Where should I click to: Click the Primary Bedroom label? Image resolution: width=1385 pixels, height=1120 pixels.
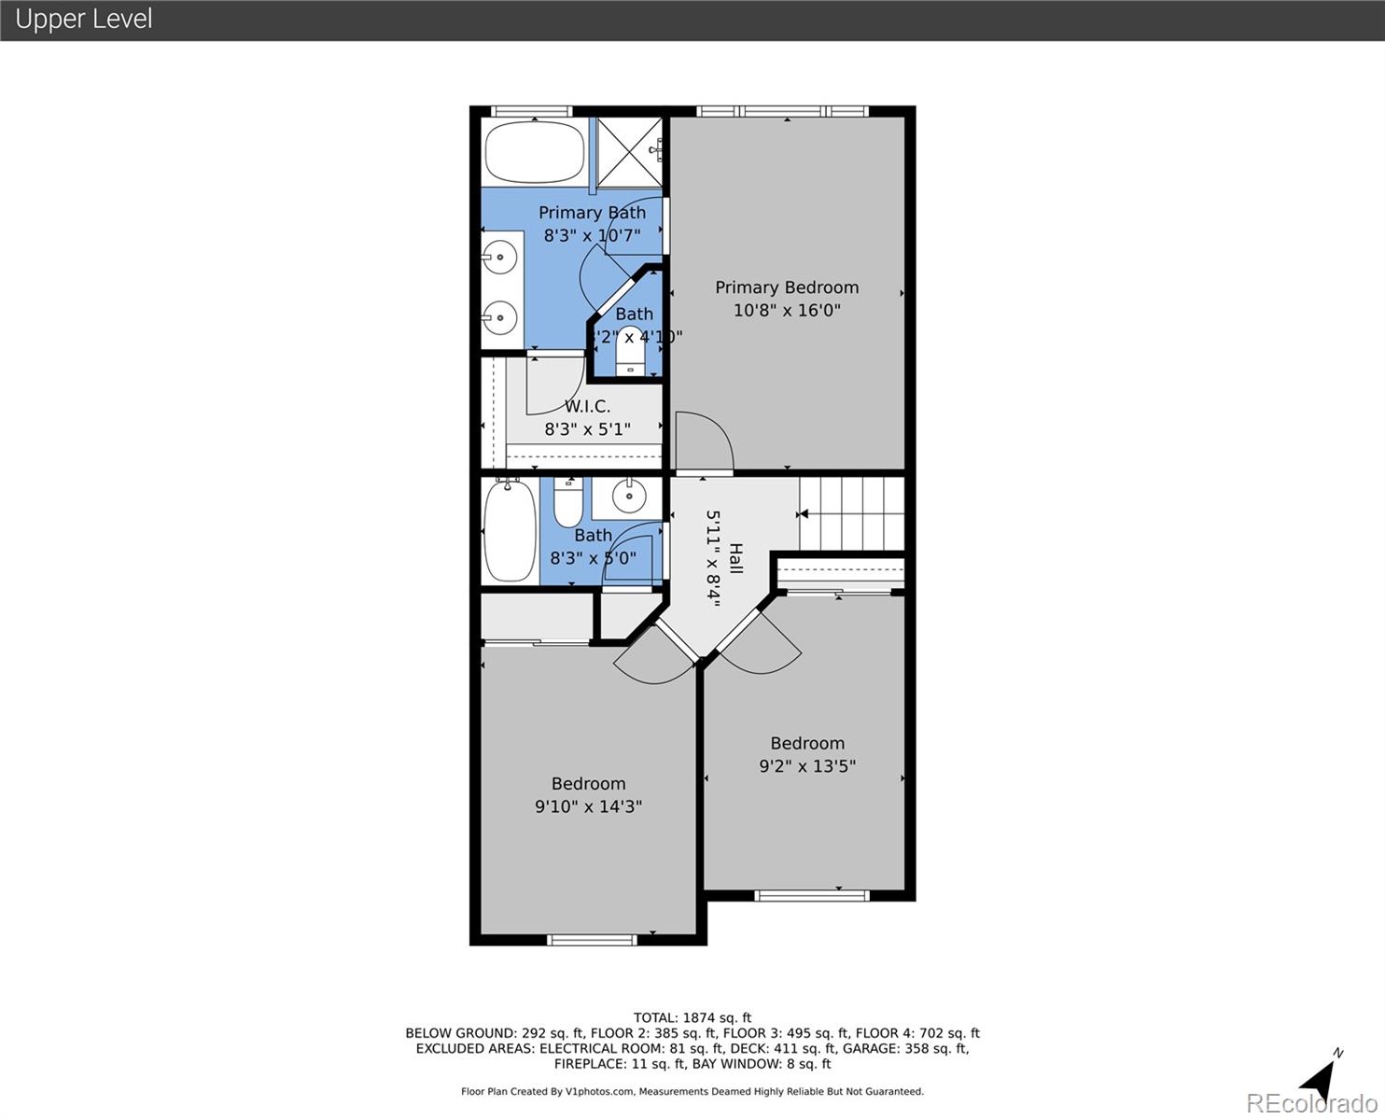787,287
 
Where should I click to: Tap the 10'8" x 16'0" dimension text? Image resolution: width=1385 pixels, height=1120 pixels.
787,310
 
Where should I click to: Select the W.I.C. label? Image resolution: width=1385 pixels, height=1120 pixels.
587,406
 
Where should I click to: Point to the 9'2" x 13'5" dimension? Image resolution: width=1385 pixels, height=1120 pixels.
807,766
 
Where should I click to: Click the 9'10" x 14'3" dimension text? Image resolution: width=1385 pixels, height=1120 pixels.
588,806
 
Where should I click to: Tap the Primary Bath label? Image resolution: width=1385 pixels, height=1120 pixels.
592,213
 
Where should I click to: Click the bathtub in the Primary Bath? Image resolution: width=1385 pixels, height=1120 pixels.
534,152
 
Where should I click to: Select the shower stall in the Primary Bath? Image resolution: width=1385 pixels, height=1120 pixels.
629,151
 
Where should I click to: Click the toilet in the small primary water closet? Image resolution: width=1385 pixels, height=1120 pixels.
630,353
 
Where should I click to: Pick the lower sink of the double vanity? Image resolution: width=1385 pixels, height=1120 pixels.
500,317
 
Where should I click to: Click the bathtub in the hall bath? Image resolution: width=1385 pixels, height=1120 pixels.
510,530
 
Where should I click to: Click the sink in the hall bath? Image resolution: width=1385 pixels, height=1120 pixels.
628,496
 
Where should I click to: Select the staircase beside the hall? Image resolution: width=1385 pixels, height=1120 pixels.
851,513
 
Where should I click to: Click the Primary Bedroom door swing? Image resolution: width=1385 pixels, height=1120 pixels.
704,442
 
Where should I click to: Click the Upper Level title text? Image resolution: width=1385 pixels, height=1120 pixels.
84,19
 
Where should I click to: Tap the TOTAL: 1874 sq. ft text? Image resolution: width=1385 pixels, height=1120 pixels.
692,1018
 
